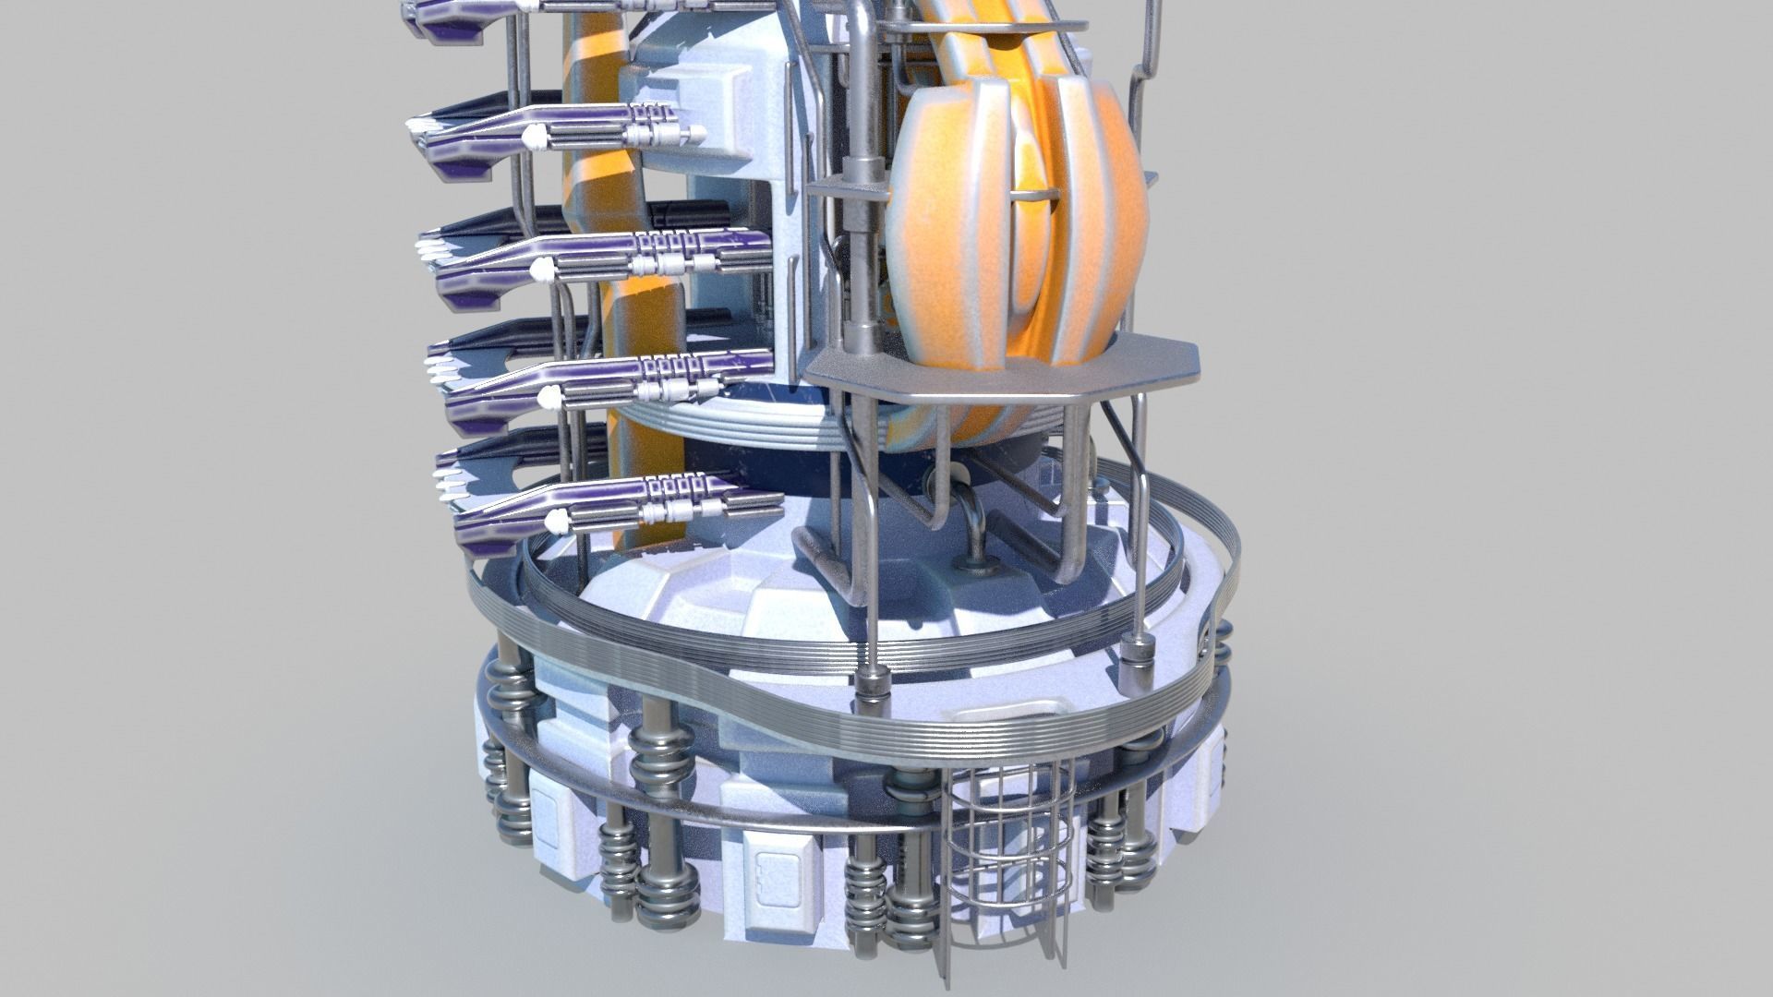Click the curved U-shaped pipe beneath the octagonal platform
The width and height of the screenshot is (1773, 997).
coord(970,517)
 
